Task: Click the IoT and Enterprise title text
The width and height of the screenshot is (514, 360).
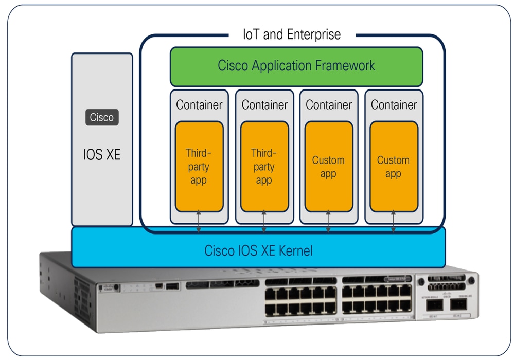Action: pyautogui.click(x=292, y=35)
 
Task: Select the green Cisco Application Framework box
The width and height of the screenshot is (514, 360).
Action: pyautogui.click(x=296, y=66)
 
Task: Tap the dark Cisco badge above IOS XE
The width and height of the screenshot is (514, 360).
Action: pyautogui.click(x=101, y=117)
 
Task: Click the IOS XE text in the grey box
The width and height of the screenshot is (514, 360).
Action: pyautogui.click(x=101, y=154)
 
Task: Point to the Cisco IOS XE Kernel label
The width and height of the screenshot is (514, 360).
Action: pyautogui.click(x=258, y=251)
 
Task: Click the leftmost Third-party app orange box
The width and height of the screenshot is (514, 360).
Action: pyautogui.click(x=199, y=167)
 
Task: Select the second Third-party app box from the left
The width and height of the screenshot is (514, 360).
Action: pyautogui.click(x=264, y=167)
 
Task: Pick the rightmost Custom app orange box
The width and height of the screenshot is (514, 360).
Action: pyautogui.click(x=394, y=167)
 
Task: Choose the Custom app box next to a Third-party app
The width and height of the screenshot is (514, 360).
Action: pyautogui.click(x=329, y=167)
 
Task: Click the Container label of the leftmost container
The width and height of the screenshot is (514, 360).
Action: pyautogui.click(x=199, y=105)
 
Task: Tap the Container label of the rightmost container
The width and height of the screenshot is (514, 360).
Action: pyautogui.click(x=394, y=105)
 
